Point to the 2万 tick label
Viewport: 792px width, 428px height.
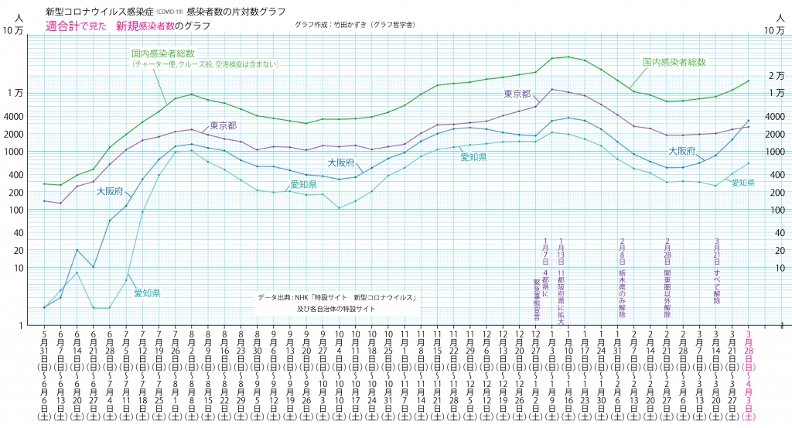(776, 75)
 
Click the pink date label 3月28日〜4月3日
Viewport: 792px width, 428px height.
(748, 375)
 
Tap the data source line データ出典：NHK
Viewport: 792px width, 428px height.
(337, 297)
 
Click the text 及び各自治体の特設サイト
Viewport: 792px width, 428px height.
(337, 308)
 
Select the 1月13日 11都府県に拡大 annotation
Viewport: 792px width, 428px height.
(561, 279)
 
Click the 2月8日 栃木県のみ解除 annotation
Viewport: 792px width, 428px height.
(623, 279)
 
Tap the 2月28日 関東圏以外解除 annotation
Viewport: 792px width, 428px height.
(667, 279)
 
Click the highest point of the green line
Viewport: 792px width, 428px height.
(568, 56)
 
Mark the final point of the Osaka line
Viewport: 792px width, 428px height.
(748, 120)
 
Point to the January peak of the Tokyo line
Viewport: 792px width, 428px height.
(552, 89)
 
